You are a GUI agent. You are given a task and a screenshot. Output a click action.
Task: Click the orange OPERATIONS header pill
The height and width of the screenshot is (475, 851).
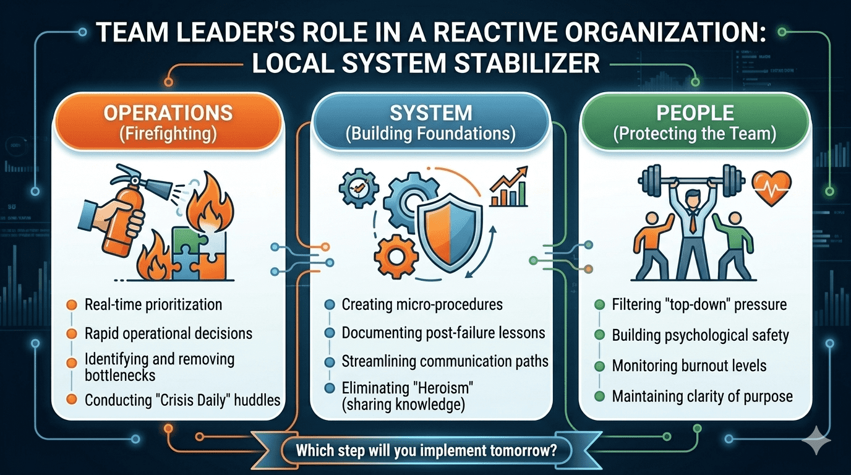click(x=168, y=122)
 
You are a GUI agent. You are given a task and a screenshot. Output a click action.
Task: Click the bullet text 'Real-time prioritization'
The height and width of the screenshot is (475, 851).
click(x=153, y=304)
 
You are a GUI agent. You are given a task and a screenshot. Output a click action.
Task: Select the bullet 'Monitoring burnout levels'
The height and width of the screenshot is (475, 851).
click(x=689, y=366)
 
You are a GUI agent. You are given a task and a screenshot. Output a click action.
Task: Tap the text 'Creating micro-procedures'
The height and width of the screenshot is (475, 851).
click(x=422, y=304)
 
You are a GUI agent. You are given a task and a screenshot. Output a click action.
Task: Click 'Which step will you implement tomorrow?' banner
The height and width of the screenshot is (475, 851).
click(x=426, y=450)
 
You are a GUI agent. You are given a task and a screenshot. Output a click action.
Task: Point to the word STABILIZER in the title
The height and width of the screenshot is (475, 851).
click(x=528, y=64)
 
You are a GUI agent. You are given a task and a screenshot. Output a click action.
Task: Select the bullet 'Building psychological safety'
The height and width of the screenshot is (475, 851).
click(x=700, y=335)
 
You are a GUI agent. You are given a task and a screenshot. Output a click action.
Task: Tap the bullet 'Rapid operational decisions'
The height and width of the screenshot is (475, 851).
click(x=168, y=334)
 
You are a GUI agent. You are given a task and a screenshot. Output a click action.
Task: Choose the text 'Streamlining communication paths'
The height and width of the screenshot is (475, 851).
click(x=445, y=362)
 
